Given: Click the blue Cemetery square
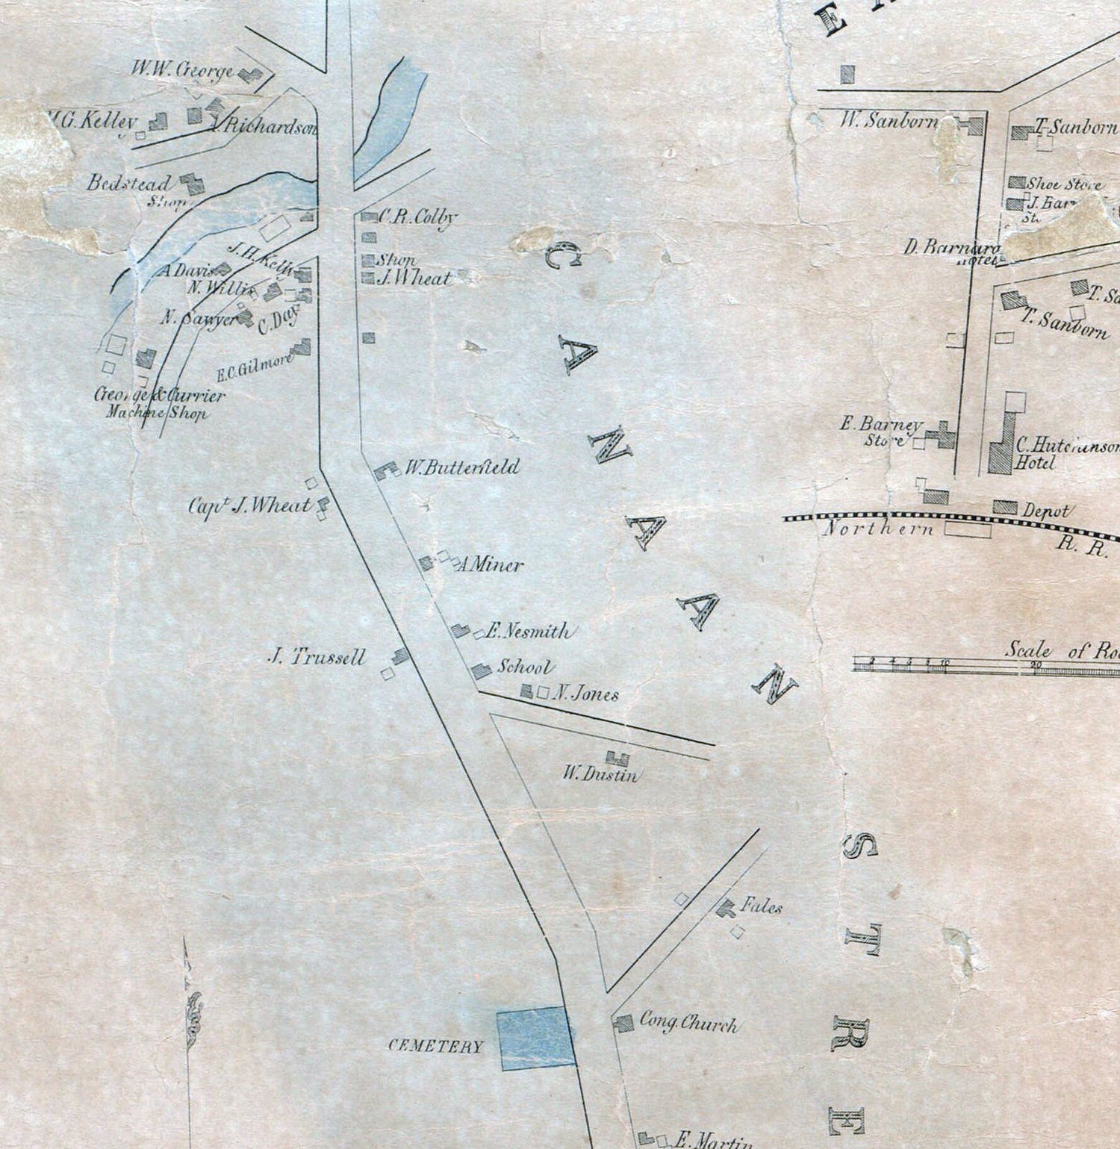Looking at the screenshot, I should pyautogui.click(x=536, y=1038).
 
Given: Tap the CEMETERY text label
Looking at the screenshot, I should pyautogui.click(x=436, y=1046).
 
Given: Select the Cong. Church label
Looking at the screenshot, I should pyautogui.click(x=688, y=1024).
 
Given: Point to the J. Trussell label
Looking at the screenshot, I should pyautogui.click(x=318, y=657).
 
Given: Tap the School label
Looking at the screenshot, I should pyautogui.click(x=526, y=667).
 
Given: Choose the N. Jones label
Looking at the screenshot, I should pyautogui.click(x=587, y=694).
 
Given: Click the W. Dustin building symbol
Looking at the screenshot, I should pyautogui.click(x=617, y=759).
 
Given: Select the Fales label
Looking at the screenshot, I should pyautogui.click(x=761, y=907).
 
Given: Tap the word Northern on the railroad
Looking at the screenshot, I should pyautogui.click(x=878, y=529).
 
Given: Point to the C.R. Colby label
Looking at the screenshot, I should pyautogui.click(x=417, y=217).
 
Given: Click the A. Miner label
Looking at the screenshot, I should pyautogui.click(x=489, y=564).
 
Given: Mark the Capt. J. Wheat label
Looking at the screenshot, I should pyautogui.click(x=249, y=506).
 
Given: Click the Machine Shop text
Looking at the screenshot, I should pyautogui.click(x=156, y=413).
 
